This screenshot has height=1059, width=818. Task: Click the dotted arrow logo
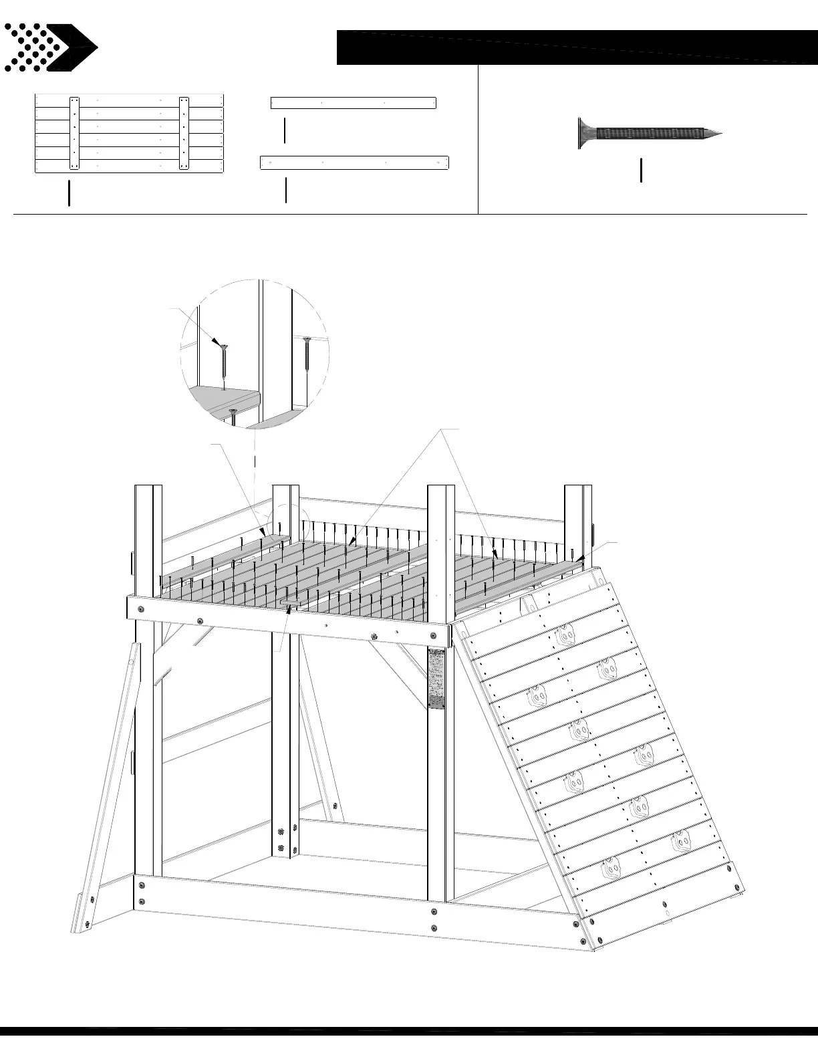(x=50, y=47)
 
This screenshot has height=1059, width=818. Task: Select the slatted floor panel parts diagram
(x=129, y=134)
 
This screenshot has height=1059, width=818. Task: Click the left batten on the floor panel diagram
(x=74, y=134)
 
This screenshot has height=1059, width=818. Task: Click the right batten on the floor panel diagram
(x=184, y=134)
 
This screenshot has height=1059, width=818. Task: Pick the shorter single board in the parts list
(x=353, y=103)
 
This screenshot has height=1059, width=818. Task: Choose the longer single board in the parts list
(x=354, y=162)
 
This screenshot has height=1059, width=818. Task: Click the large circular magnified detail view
(x=254, y=352)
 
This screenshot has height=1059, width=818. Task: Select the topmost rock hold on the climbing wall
(x=565, y=632)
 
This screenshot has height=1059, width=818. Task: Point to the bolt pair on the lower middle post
(x=281, y=840)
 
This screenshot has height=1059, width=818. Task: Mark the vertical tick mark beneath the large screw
(x=641, y=170)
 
